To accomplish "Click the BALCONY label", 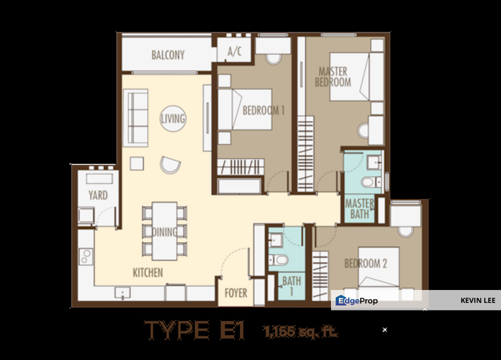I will (x=168, y=55).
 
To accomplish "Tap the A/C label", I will (x=234, y=52).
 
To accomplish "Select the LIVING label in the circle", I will (x=173, y=119).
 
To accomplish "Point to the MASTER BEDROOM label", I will (x=333, y=77).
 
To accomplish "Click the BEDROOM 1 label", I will (x=263, y=110).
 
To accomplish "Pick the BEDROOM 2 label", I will (x=365, y=263).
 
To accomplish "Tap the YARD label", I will (x=98, y=195).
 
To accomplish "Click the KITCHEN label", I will (x=147, y=272).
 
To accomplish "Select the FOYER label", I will (x=235, y=293).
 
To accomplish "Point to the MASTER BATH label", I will (x=359, y=209).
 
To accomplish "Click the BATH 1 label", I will (x=291, y=286).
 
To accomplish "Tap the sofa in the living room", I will (x=135, y=118).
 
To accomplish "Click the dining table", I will (x=164, y=231).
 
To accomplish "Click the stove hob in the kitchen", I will (x=85, y=257).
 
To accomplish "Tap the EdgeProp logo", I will (x=356, y=300).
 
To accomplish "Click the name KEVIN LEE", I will (x=478, y=300).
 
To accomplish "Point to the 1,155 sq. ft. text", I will (x=300, y=330).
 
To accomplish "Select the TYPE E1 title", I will (x=194, y=330).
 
